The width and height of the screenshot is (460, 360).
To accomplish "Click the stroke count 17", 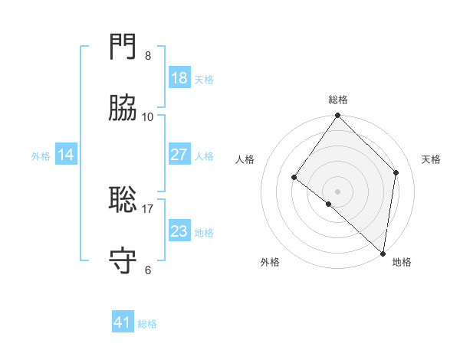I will [148, 208].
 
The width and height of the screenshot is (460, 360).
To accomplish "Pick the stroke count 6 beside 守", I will [148, 270].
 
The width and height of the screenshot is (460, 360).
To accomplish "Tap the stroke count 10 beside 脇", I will [148, 116].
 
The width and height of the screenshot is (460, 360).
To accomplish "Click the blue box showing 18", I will [179, 78].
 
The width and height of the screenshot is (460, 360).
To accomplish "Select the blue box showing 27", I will [179, 155].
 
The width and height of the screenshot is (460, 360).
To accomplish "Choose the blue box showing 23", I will [179, 231].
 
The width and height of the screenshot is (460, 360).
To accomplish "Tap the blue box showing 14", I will [66, 155].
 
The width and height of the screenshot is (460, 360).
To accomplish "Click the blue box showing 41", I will [123, 322].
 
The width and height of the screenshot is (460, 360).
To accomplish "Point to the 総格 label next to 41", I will [147, 324].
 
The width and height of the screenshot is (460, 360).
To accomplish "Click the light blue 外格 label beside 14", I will [41, 156].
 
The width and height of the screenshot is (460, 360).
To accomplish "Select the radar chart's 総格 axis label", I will [338, 100].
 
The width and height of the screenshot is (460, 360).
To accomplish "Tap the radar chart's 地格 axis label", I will [402, 262].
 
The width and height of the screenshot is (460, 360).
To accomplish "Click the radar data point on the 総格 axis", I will [338, 116].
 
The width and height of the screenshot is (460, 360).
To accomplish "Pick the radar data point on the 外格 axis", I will [329, 204].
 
